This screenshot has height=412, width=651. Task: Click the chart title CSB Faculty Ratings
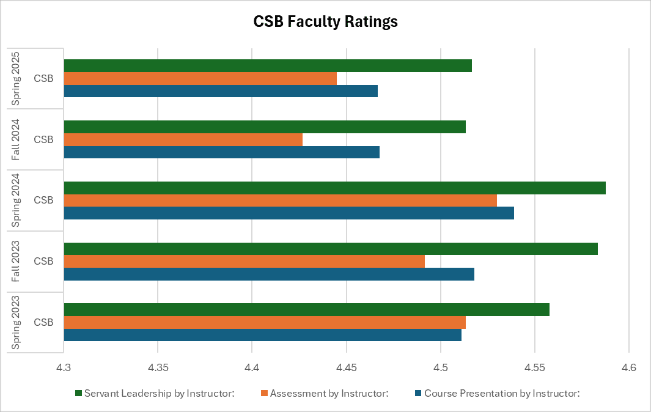pyautogui.click(x=325, y=22)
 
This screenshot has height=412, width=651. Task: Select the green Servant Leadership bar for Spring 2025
pyautogui.click(x=268, y=65)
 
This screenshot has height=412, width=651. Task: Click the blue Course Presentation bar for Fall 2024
pyautogui.click(x=222, y=152)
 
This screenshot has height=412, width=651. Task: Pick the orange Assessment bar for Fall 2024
pyautogui.click(x=183, y=139)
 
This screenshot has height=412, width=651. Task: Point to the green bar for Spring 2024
pyautogui.click(x=334, y=188)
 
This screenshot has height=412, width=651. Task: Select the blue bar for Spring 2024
pyautogui.click(x=289, y=213)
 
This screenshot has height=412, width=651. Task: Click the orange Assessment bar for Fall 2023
pyautogui.click(x=245, y=262)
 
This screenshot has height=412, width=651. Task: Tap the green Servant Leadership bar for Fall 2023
pyautogui.click(x=331, y=249)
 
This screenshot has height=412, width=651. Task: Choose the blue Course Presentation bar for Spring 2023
pyautogui.click(x=263, y=335)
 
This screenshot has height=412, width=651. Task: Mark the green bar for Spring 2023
pyautogui.click(x=306, y=310)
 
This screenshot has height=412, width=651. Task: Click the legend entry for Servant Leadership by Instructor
pyautogui.click(x=155, y=394)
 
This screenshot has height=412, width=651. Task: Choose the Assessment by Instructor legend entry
pyautogui.click(x=325, y=394)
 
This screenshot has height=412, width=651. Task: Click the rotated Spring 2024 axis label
pyautogui.click(x=17, y=200)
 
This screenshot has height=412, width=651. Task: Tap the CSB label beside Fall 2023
pyautogui.click(x=43, y=262)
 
